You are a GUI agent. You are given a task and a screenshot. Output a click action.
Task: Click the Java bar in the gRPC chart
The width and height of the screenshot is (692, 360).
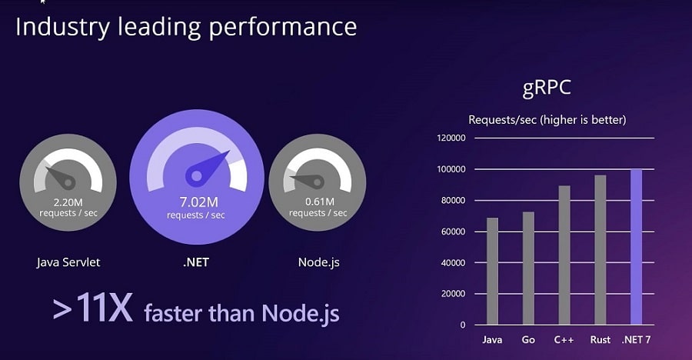[492, 272]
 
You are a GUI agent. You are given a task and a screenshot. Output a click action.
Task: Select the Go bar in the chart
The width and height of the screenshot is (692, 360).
[528, 268]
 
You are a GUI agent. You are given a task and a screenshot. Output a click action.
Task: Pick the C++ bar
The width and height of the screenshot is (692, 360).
[564, 255]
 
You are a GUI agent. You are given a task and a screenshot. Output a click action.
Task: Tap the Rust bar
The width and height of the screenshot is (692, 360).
[601, 250]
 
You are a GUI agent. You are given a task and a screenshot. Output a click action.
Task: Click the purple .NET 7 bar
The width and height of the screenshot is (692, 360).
[637, 248]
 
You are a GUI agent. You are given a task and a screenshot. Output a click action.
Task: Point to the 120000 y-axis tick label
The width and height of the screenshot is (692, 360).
[451, 138]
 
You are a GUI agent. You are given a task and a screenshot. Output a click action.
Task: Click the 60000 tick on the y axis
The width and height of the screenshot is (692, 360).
[453, 232]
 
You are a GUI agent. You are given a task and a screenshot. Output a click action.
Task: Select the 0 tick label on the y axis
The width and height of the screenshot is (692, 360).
[463, 325]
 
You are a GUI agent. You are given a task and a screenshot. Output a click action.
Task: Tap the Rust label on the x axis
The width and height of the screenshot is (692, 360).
[601, 340]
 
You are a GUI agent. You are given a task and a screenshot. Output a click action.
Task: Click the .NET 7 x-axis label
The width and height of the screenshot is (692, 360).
[636, 340]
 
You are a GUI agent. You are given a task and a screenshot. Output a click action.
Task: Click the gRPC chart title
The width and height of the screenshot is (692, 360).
[547, 88]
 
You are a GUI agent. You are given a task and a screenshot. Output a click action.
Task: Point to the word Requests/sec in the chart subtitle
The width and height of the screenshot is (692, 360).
[503, 120]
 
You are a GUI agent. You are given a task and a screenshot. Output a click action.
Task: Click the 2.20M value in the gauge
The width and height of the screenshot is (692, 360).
[68, 202]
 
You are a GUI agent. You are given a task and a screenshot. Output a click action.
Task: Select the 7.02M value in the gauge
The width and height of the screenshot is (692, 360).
[198, 202]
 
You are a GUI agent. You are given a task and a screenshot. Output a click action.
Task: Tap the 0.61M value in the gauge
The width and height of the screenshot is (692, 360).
[320, 202]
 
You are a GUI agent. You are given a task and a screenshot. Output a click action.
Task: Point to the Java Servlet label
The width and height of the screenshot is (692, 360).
[68, 262]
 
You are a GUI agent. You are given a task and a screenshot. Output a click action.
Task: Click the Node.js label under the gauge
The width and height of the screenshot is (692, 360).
[318, 262]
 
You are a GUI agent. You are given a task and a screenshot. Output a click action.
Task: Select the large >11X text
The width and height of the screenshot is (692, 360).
[93, 308]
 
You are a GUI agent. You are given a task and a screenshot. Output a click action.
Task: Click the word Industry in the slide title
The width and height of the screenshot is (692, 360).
[62, 28]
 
